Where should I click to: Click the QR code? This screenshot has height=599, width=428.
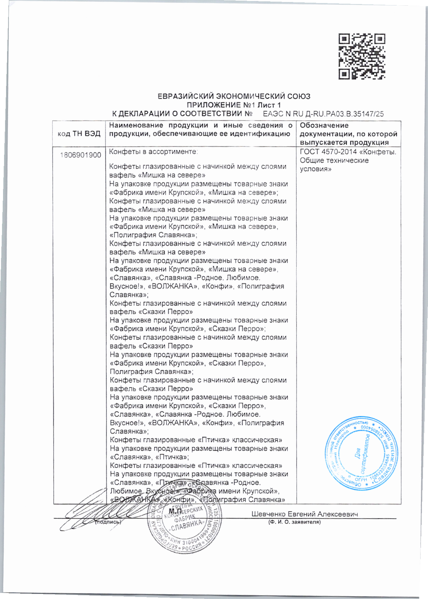(362, 56)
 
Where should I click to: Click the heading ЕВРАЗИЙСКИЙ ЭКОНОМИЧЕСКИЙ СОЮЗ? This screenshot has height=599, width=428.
(234, 96)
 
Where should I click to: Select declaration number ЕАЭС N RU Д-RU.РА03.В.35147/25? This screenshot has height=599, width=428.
(323, 114)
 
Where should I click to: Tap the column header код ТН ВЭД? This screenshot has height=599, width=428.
(79, 134)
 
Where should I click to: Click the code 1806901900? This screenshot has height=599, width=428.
(81, 155)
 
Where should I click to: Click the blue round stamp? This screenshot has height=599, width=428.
(361, 454)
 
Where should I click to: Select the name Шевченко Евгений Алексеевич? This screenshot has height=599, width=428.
(304, 514)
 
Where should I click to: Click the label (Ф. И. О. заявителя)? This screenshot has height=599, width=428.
(294, 522)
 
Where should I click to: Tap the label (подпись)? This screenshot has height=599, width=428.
(108, 522)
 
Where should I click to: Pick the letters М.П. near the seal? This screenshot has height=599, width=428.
(176, 511)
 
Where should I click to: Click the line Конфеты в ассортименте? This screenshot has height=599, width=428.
(153, 152)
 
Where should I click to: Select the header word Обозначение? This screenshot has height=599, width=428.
(324, 125)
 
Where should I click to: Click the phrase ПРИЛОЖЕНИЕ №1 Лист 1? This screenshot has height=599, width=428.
(234, 105)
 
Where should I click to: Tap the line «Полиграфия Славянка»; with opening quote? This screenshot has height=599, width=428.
(153, 235)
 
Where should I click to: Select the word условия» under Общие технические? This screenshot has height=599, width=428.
(315, 169)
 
